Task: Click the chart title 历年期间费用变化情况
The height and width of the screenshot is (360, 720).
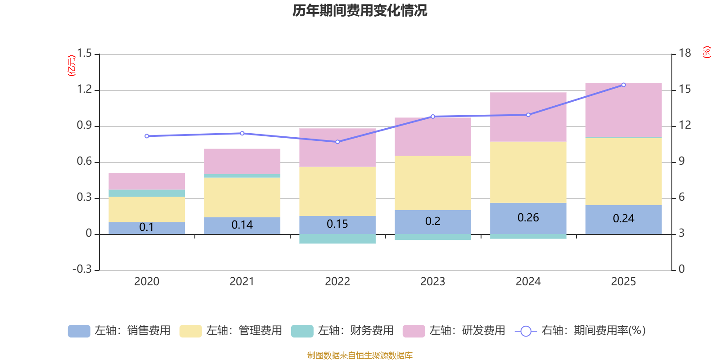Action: point(360,10)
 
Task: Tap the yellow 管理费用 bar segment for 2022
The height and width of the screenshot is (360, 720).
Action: point(337,191)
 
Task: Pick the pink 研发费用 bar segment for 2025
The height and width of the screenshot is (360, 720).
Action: point(623,110)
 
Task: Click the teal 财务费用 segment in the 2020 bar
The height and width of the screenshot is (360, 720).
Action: point(147,193)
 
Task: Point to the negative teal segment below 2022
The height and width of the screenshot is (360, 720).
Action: point(337,239)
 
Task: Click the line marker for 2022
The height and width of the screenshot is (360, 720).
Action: point(337,142)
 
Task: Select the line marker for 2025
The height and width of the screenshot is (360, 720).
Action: point(623,85)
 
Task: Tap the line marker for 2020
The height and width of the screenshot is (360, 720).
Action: point(147,136)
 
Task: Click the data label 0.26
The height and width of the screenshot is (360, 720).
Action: point(528,218)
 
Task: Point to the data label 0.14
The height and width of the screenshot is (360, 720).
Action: point(242,225)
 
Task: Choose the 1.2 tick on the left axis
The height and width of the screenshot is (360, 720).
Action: point(84,90)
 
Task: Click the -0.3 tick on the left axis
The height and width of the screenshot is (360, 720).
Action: point(82,269)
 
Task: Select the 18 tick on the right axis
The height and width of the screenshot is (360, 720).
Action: point(684,53)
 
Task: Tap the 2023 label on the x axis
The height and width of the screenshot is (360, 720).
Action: point(432,282)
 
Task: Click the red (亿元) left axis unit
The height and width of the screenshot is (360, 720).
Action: point(71,66)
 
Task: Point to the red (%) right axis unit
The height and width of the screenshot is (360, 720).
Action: point(706,52)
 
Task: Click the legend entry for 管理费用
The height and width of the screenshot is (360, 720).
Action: point(230,331)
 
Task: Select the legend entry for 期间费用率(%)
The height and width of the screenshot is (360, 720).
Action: point(580,331)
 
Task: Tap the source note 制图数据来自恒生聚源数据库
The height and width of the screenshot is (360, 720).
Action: point(360,355)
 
